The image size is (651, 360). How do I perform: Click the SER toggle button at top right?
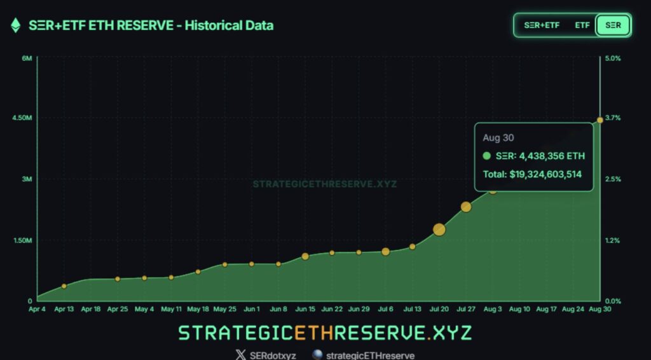coord(613,25)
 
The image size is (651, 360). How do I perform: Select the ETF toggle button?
coord(582,25)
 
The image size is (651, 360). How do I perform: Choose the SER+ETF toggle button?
coord(542,25)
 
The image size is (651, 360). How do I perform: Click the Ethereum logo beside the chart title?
coord(16,25)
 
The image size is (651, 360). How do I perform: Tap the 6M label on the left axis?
coord(27,58)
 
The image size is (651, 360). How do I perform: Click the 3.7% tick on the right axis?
coord(613,118)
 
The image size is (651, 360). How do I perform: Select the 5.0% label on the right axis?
coord(613,58)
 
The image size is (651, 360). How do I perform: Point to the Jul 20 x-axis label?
coord(439,309)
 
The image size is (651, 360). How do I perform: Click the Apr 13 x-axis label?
coord(64,309)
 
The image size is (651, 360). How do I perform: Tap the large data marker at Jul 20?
coord(439,230)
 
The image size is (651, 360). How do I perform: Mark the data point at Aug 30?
coord(600,120)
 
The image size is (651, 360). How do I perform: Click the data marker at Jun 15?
coord(305,256)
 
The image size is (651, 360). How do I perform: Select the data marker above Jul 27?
coord(466,207)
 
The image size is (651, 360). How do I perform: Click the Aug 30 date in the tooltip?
coord(498,137)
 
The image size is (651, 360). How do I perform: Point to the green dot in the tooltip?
coord(487,156)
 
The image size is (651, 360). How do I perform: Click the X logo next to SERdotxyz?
coord(240,355)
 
